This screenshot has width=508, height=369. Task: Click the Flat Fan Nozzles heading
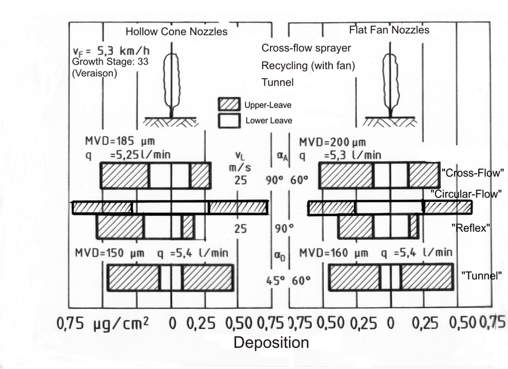tap(390, 30)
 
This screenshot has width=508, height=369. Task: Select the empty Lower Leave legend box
tap(231, 119)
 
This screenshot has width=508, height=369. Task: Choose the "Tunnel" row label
tap(482, 276)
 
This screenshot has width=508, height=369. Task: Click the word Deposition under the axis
tap(272, 344)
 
